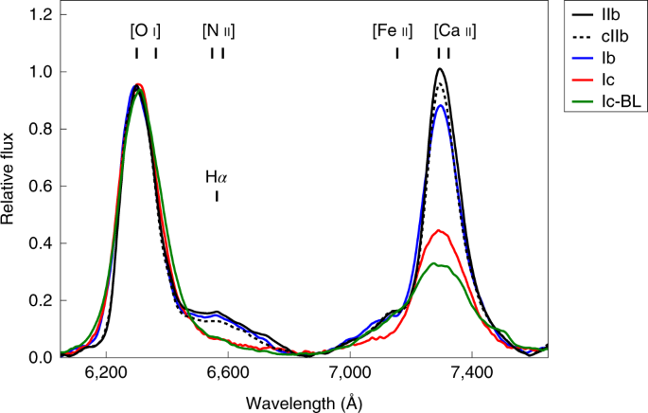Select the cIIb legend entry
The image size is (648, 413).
coord(605,37)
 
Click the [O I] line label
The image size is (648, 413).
coord(146,30)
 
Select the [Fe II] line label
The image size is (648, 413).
coord(392,30)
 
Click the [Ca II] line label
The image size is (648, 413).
coord(448,30)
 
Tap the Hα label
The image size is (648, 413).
coord(218,176)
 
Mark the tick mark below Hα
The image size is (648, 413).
coord(218,196)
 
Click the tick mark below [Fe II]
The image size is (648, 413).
coord(397,52)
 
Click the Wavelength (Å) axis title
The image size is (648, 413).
coord(305,403)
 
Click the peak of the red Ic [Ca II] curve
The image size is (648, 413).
coord(438,230)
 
